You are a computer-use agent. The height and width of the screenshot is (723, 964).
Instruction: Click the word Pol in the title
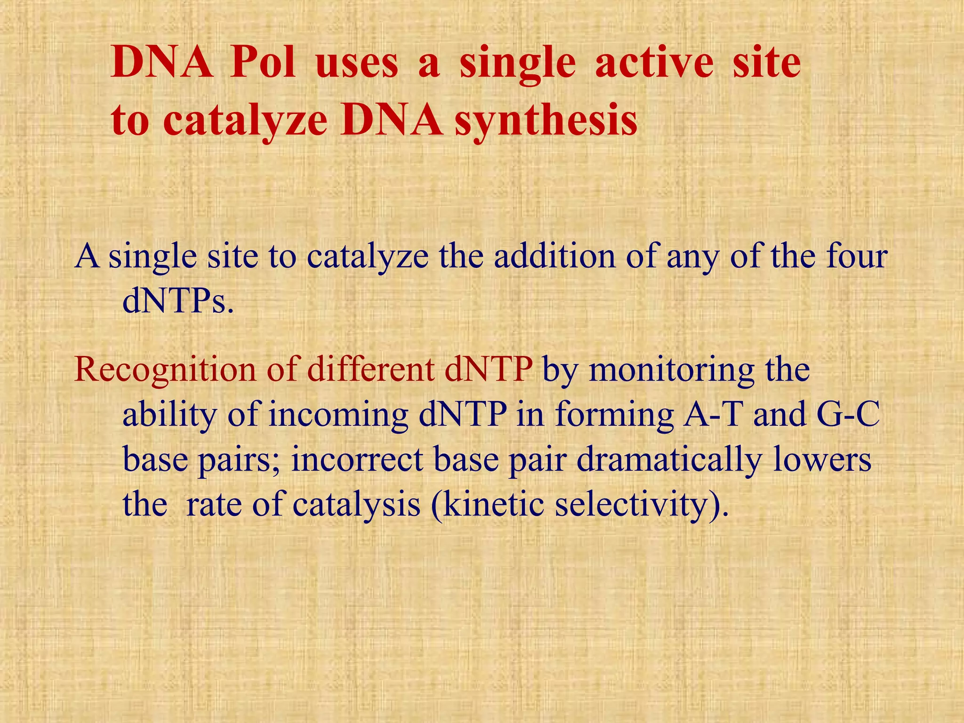tap(263, 64)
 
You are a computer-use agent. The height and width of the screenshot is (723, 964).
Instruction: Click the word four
tap(857, 257)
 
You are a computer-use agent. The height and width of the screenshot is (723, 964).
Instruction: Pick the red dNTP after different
tap(489, 370)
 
